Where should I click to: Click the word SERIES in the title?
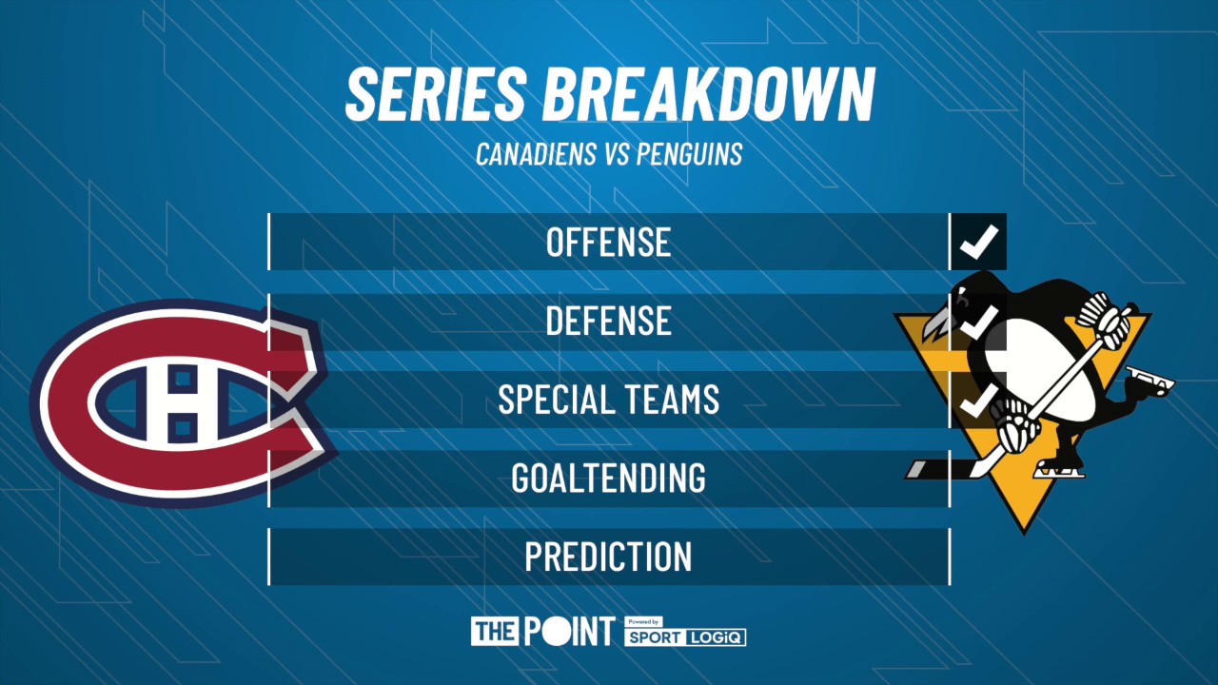pyautogui.click(x=436, y=94)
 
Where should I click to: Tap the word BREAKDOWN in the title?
pyautogui.click(x=708, y=94)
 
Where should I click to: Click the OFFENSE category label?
pyautogui.click(x=609, y=243)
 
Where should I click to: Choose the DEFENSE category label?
pyautogui.click(x=609, y=322)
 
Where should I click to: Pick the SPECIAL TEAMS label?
pyautogui.click(x=609, y=400)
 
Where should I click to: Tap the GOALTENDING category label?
pyautogui.click(x=609, y=478)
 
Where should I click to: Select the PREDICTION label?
pyautogui.click(x=609, y=557)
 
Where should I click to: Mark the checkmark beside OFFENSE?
pyautogui.click(x=978, y=242)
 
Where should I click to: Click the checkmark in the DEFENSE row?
pyautogui.click(x=978, y=321)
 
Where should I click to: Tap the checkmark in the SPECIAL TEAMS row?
pyautogui.click(x=978, y=400)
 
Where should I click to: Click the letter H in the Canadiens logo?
pyautogui.click(x=184, y=403)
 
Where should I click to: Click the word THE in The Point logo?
pyautogui.click(x=494, y=632)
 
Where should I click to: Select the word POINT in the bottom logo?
pyautogui.click(x=569, y=632)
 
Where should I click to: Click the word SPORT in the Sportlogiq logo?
pyautogui.click(x=654, y=636)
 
